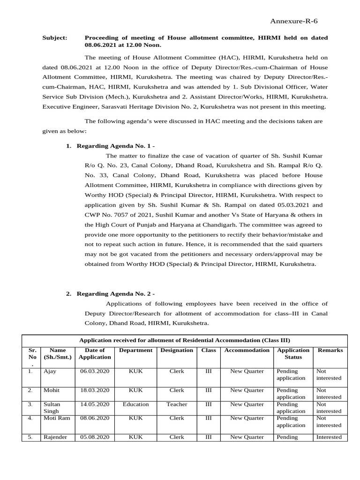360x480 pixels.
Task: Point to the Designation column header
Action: (177, 350)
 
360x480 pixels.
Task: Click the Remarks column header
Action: (330, 350)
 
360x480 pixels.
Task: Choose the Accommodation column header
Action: (247, 350)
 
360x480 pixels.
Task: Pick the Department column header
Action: (136, 350)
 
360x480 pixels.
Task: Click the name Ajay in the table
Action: (50, 371)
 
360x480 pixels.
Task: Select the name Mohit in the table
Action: (52, 390)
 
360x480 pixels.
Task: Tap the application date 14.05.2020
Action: (95, 404)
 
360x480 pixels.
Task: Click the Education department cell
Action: (136, 404)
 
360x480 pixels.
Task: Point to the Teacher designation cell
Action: (177, 404)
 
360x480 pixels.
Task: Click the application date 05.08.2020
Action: (95, 437)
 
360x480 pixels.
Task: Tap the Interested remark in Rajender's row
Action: (329, 437)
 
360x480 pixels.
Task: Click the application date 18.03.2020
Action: (95, 390)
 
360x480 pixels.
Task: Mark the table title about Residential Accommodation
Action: (185, 340)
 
